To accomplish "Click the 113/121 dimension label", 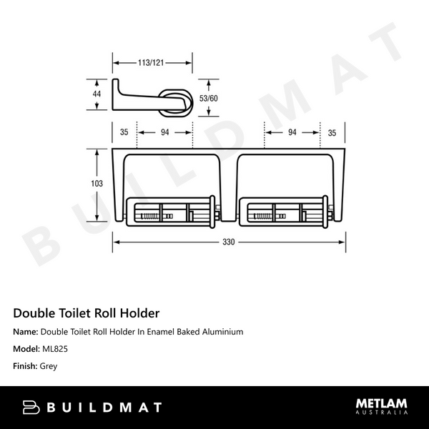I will [151, 63].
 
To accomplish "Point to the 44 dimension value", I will [97, 94].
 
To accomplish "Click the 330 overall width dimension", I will [228, 242].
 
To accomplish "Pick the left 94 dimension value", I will [165, 132].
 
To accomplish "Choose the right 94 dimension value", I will [292, 132].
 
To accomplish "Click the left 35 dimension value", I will [124, 132].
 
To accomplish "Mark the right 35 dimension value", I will [332, 132].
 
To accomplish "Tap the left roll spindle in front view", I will [169, 212].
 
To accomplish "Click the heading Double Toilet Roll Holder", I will [87, 313].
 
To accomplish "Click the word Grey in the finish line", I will [49, 366].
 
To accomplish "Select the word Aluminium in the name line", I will [220, 332].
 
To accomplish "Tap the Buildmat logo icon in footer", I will [31, 408].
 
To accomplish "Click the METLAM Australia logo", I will [382, 406].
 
